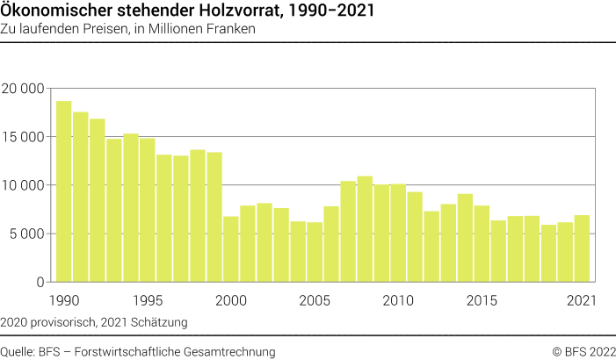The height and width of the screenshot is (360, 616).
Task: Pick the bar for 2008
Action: coord(365,228)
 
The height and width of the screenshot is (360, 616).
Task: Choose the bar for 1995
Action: coord(147,210)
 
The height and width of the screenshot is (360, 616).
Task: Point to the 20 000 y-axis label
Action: coord(24,89)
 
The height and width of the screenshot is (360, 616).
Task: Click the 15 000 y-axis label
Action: coord(24,137)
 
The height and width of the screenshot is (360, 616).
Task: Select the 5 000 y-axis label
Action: coord(27,234)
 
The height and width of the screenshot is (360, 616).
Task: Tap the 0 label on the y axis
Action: coord(40,282)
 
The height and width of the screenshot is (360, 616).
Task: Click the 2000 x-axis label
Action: coord(231,300)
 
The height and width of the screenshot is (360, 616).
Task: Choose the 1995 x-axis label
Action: coord(147,300)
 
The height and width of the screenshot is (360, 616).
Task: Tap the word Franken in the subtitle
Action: coord(231,29)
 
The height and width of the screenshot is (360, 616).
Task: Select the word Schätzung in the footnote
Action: coord(160,322)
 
